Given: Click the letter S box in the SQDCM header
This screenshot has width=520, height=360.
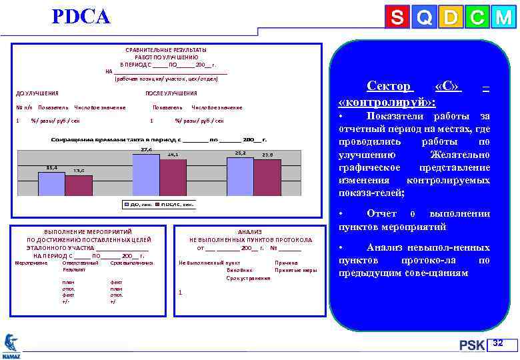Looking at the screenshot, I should pos(397,18).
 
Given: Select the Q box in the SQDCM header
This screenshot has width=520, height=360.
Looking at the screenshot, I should pos(423,18).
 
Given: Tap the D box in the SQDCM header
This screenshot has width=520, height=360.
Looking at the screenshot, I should pos(450,18).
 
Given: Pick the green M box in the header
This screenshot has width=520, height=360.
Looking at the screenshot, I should pos(502,18).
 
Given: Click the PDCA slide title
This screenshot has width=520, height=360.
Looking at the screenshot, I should pos(81,17).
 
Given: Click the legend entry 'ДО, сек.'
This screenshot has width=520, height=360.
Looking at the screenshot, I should pos(138,204).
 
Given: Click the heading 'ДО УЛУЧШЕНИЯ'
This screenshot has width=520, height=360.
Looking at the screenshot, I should pos(37,93).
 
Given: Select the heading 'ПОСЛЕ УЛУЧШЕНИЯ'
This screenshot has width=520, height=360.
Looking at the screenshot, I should pos(171,93).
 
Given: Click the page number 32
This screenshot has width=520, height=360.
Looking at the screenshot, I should pos(497,343).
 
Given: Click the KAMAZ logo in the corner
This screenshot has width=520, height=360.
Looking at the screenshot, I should pos(11,345).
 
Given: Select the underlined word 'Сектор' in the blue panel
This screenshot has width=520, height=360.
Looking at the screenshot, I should pos(389,87).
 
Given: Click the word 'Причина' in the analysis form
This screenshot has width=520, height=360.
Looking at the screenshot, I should pos(286,263).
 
